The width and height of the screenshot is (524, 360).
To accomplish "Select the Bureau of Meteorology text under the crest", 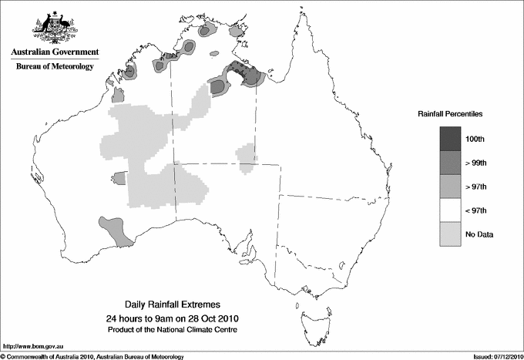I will (54, 67).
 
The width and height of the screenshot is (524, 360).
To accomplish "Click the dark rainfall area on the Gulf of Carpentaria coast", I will (245, 73).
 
